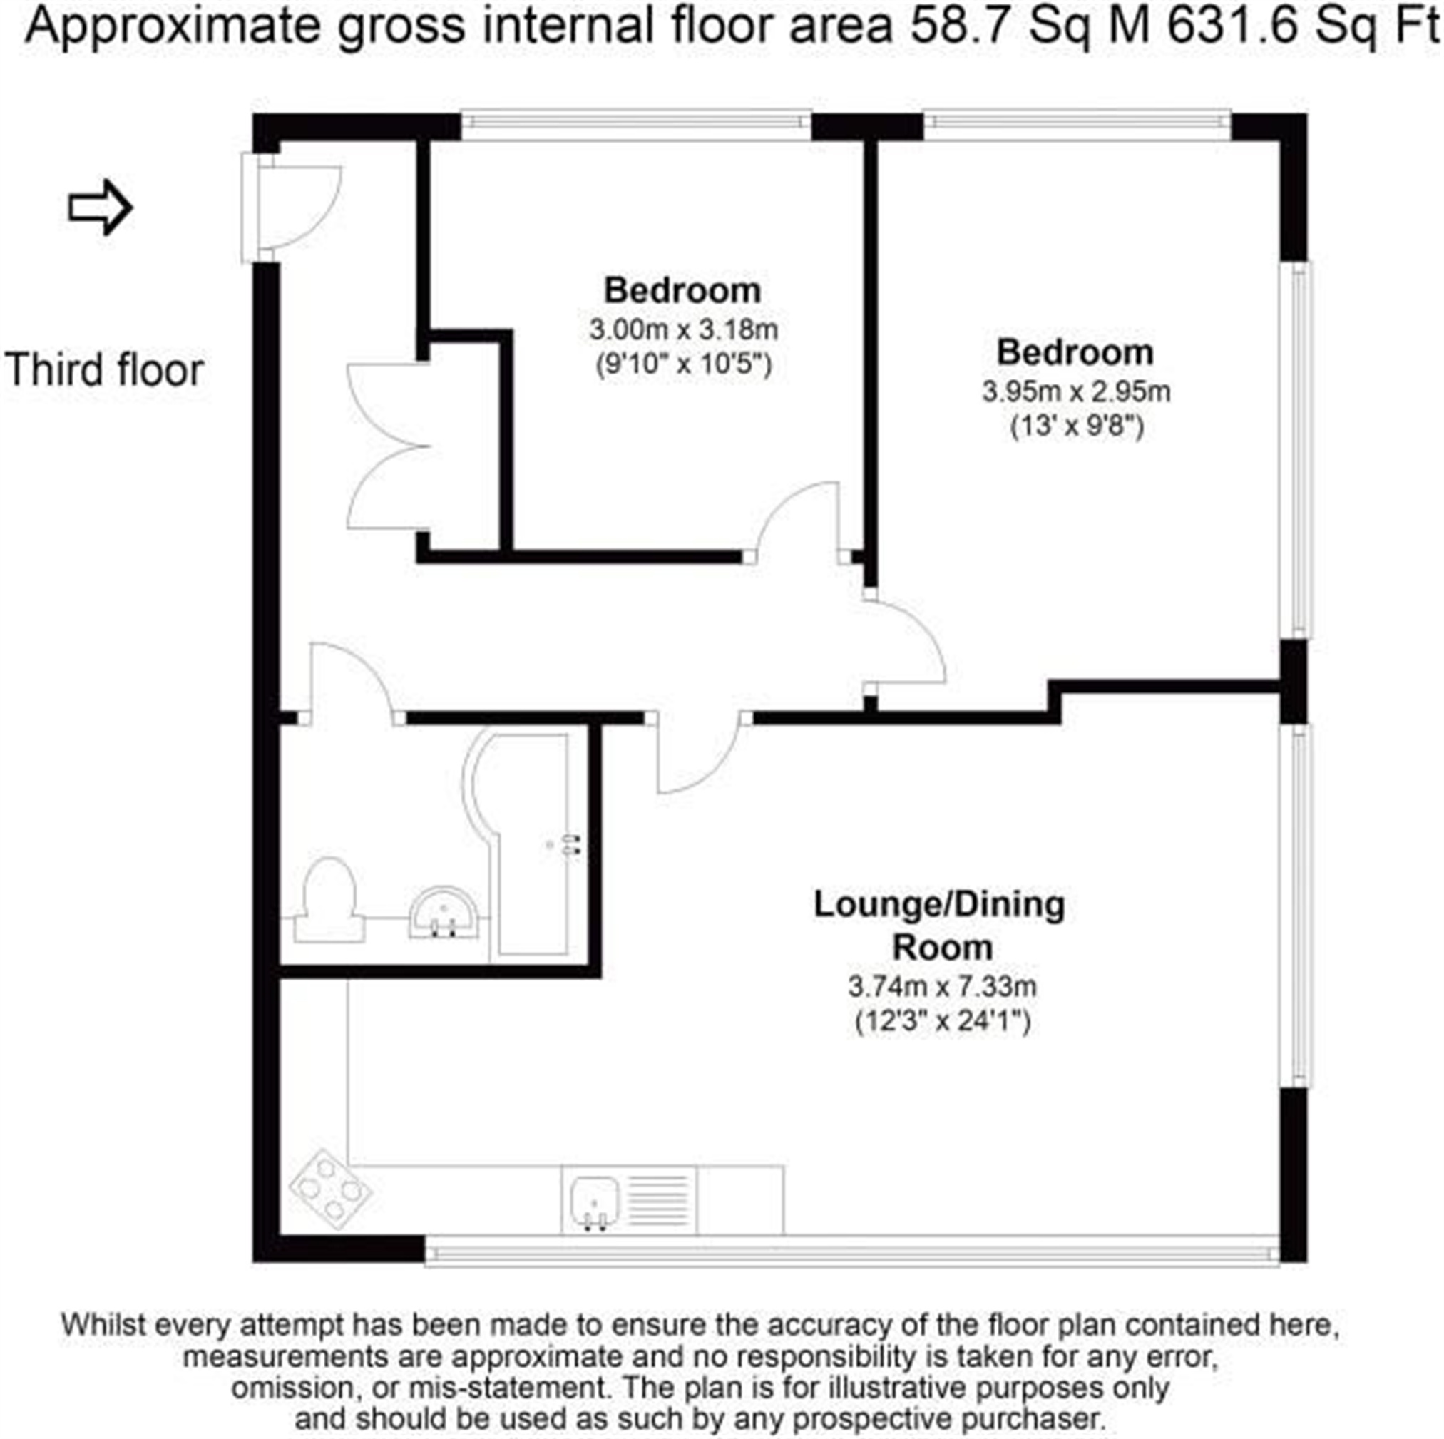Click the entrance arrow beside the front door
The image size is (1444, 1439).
[100, 207]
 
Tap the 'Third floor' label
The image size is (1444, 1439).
[104, 370]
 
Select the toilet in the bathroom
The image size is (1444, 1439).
[329, 900]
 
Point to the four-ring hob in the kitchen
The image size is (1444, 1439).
[330, 1189]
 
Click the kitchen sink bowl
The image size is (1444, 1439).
[595, 1202]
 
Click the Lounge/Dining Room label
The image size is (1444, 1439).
[940, 926]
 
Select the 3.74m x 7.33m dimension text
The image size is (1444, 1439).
[942, 987]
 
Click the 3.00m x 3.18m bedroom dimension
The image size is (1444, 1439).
[683, 329]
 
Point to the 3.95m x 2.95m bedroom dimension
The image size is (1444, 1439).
[1076, 391]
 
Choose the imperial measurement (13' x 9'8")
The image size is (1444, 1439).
[1077, 427]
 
